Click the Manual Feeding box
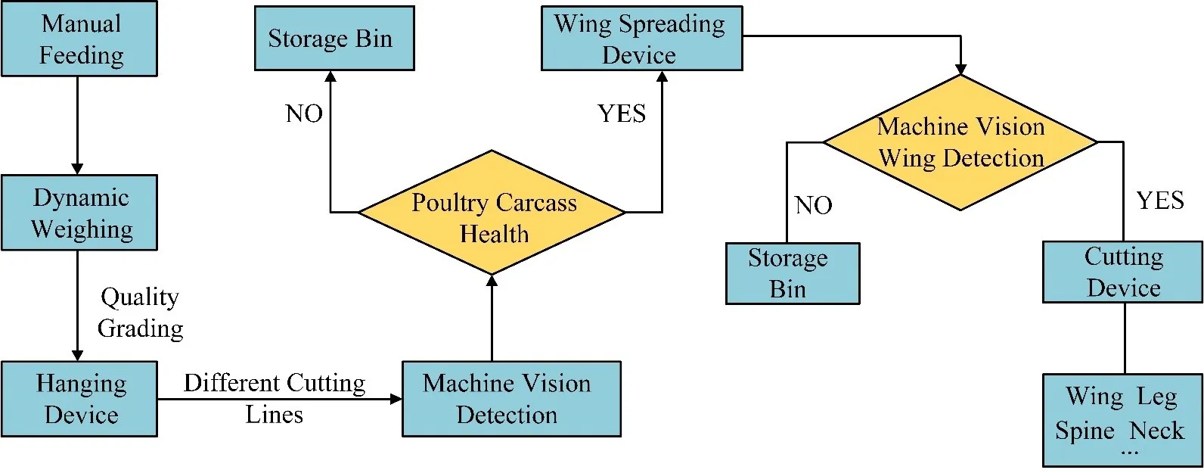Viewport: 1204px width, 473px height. (79, 39)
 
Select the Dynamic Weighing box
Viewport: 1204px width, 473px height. (79, 213)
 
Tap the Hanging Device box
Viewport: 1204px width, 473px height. (79, 399)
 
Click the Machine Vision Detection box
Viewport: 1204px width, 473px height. (511, 399)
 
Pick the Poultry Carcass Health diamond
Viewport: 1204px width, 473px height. (492, 213)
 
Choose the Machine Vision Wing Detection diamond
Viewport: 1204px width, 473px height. (960, 142)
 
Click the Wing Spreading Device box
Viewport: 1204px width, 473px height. (641, 39)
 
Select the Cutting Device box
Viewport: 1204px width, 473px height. (1122, 272)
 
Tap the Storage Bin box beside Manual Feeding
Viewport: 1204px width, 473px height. (334, 39)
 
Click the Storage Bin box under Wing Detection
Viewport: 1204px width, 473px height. (793, 273)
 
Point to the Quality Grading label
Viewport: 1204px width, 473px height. (141, 313)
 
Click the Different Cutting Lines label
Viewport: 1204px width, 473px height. (275, 398)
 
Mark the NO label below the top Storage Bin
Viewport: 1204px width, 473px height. (304, 114)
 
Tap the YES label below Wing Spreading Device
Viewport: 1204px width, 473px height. (622, 114)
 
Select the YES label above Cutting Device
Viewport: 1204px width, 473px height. (1160, 201)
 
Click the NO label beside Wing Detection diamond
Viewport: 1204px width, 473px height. (814, 205)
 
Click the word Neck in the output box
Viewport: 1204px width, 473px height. (1157, 431)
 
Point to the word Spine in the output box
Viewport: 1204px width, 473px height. (1085, 431)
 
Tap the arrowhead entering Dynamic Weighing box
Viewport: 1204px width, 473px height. (77, 169)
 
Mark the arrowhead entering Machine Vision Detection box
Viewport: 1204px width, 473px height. (396, 399)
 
